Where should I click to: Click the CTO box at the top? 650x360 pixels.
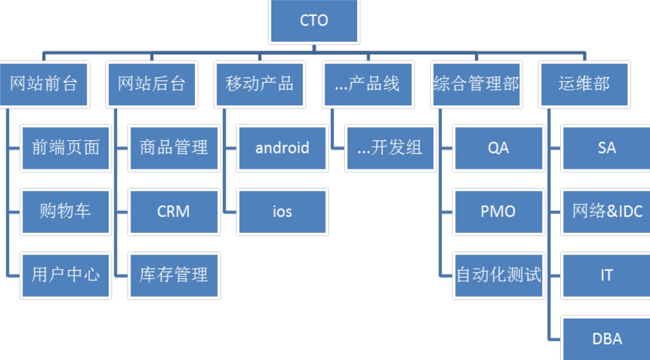pyautogui.click(x=314, y=21)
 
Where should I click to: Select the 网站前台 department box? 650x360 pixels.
pyautogui.click(x=43, y=85)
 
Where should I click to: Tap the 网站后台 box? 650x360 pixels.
pyautogui.click(x=152, y=85)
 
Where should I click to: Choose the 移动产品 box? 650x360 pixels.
pyautogui.click(x=260, y=85)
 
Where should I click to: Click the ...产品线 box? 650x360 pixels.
pyautogui.click(x=368, y=85)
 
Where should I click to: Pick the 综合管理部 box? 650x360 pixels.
pyautogui.click(x=476, y=85)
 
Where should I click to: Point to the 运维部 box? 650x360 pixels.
pyautogui.click(x=584, y=85)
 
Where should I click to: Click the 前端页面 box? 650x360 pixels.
pyautogui.click(x=66, y=148)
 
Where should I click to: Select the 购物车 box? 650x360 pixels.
pyautogui.click(x=66, y=212)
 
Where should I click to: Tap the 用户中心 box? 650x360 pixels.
pyautogui.click(x=66, y=275)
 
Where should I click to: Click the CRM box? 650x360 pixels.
pyautogui.click(x=174, y=212)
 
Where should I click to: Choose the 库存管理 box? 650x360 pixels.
pyautogui.click(x=174, y=275)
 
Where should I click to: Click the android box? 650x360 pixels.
pyautogui.click(x=282, y=148)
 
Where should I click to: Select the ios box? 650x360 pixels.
pyautogui.click(x=282, y=212)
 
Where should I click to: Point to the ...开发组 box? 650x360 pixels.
pyautogui.click(x=390, y=148)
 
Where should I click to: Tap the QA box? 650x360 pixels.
pyautogui.click(x=499, y=148)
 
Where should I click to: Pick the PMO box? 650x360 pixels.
pyautogui.click(x=499, y=212)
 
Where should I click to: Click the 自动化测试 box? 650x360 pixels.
pyautogui.click(x=499, y=275)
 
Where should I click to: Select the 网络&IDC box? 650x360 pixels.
pyautogui.click(x=607, y=212)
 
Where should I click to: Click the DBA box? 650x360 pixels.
pyautogui.click(x=607, y=339)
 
